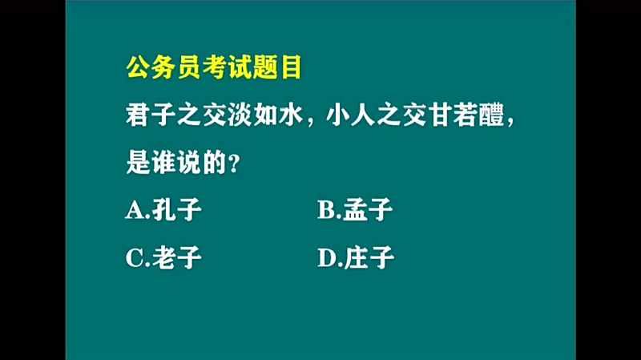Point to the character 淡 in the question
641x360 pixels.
click(x=240, y=115)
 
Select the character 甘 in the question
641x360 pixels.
click(x=440, y=115)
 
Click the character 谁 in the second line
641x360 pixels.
click(x=163, y=163)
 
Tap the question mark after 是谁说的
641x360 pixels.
click(x=234, y=164)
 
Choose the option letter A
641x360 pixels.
click(x=135, y=211)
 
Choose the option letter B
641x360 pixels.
click(x=327, y=211)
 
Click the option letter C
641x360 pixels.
click(x=135, y=258)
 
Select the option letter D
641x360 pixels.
click(x=327, y=258)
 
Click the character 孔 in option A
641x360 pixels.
click(x=163, y=210)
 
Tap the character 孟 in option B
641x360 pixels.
click(x=355, y=210)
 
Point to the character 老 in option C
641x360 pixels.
click(x=163, y=257)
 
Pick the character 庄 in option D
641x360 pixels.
click(x=356, y=257)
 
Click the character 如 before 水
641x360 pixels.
click(x=265, y=115)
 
